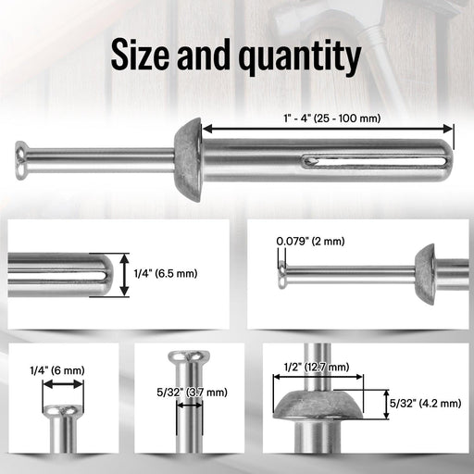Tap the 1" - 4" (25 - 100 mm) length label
coord(328,118)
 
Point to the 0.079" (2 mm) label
coord(310,242)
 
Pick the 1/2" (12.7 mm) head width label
coord(316,368)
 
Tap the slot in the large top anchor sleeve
coord(366,164)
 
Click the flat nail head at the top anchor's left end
coord(21,157)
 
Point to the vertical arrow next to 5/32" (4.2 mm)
coord(386,404)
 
